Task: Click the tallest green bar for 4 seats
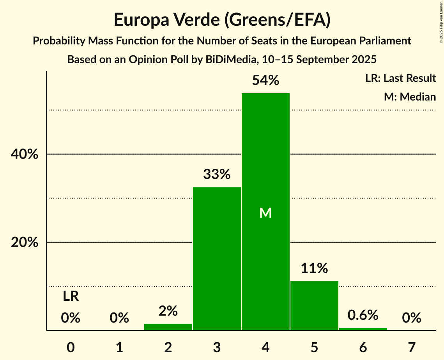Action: click(x=265, y=164)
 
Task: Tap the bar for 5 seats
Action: click(x=314, y=305)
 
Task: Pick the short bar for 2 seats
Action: click(x=168, y=327)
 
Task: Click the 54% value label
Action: click(x=265, y=81)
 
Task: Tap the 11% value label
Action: click(x=314, y=268)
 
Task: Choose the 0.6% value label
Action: click(x=363, y=315)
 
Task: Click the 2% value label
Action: click(x=168, y=311)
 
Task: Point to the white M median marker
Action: click(x=265, y=213)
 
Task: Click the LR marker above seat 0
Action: click(x=71, y=297)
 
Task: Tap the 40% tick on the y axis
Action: click(x=24, y=155)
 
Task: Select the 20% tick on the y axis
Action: click(x=24, y=243)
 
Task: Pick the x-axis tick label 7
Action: click(x=412, y=347)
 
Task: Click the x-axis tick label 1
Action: click(x=119, y=347)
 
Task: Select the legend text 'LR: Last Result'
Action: click(x=400, y=78)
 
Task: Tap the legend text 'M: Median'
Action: click(x=410, y=97)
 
